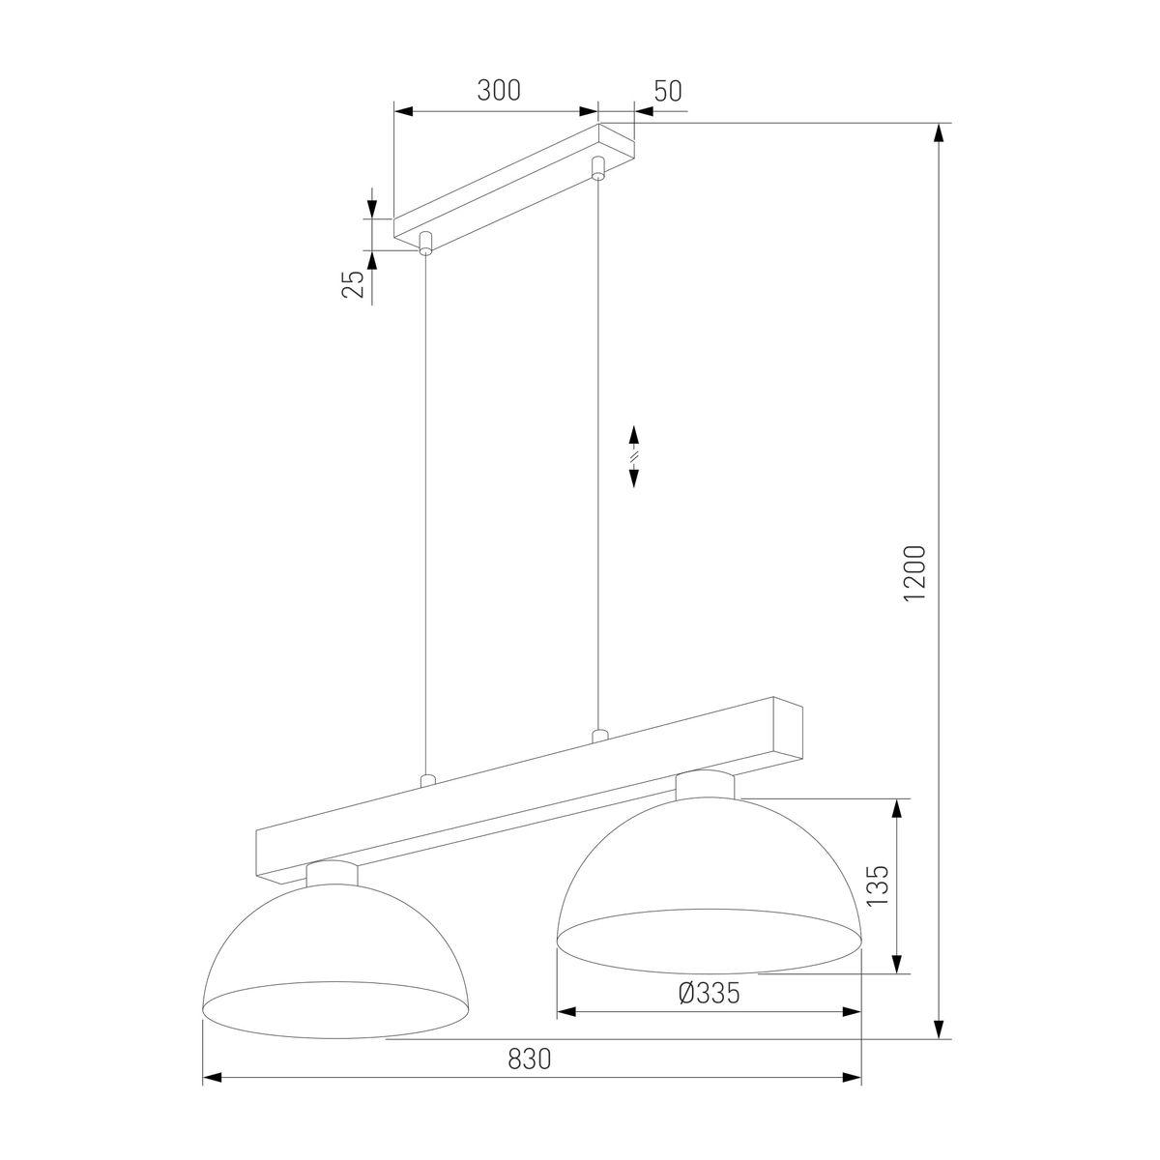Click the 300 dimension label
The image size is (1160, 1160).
pyautogui.click(x=499, y=90)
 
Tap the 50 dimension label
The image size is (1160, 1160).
pyautogui.click(x=668, y=91)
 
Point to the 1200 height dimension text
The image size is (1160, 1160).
pyautogui.click(x=914, y=573)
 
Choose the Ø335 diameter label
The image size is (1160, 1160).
pyautogui.click(x=709, y=994)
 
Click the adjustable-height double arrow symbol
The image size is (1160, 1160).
pyautogui.click(x=634, y=456)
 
